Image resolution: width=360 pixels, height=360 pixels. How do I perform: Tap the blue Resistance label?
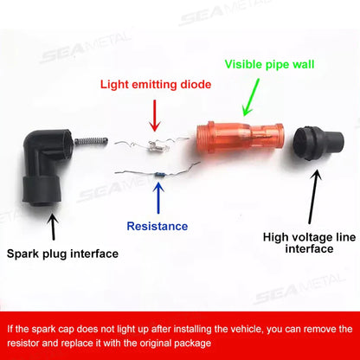tap(157, 227)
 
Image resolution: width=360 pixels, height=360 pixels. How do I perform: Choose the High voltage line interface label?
tap(299, 241)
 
